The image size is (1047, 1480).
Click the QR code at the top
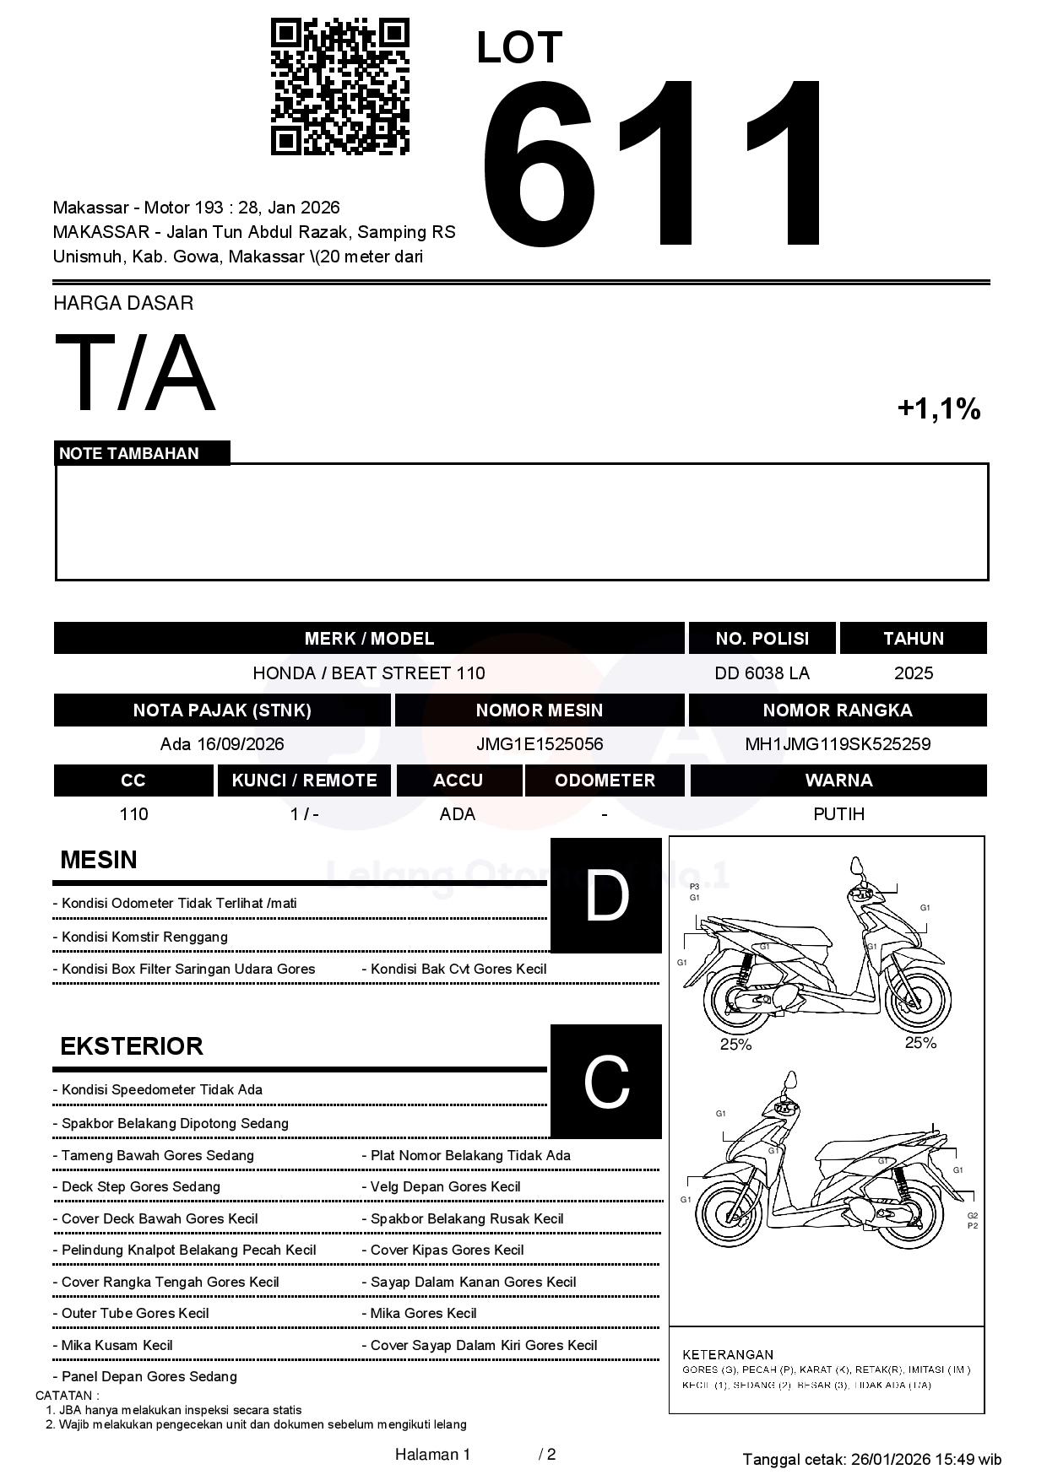(x=339, y=87)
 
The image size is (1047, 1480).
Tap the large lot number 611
(x=654, y=165)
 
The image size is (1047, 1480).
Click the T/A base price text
(x=135, y=373)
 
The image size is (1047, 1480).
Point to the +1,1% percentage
(x=938, y=409)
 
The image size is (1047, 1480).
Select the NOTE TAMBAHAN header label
(x=129, y=453)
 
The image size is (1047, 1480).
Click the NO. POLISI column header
(x=762, y=638)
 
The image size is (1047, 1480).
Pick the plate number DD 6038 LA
(x=762, y=672)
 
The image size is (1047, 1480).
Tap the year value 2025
(x=914, y=672)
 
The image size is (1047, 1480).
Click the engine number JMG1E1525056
(x=540, y=744)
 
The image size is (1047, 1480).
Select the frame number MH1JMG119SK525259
(x=838, y=744)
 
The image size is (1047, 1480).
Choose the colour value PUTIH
(x=838, y=814)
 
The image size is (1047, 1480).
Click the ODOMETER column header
(x=605, y=781)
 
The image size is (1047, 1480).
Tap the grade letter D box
(x=606, y=895)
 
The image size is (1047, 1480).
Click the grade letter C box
(x=606, y=1081)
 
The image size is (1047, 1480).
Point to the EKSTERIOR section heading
(x=132, y=1046)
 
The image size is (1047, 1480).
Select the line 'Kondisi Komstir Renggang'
(x=144, y=937)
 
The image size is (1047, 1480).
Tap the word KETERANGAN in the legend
(x=728, y=1354)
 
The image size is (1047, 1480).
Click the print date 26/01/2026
(x=890, y=1459)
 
